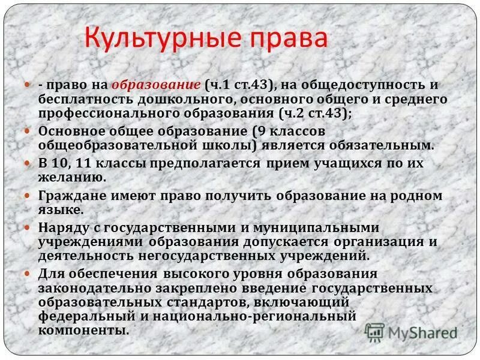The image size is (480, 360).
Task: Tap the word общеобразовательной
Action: pyautogui.click(x=115, y=145)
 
